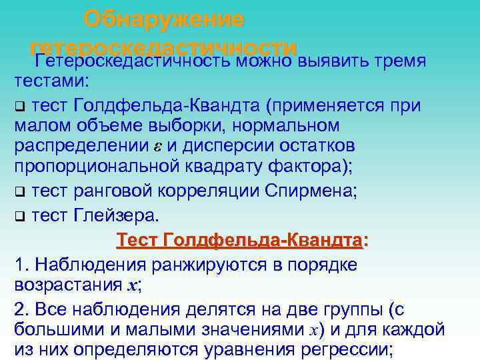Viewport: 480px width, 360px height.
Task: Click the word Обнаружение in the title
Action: coord(164,19)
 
